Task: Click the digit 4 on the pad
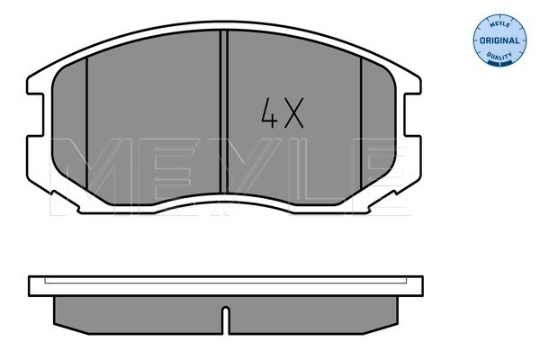click(269, 113)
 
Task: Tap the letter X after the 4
click(293, 113)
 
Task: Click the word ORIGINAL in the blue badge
click(499, 40)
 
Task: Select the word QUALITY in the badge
click(499, 56)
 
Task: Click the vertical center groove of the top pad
click(224, 112)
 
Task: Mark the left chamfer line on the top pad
click(86, 123)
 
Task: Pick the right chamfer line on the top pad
click(361, 123)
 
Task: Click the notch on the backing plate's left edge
click(36, 114)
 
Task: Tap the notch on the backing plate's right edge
click(412, 114)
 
